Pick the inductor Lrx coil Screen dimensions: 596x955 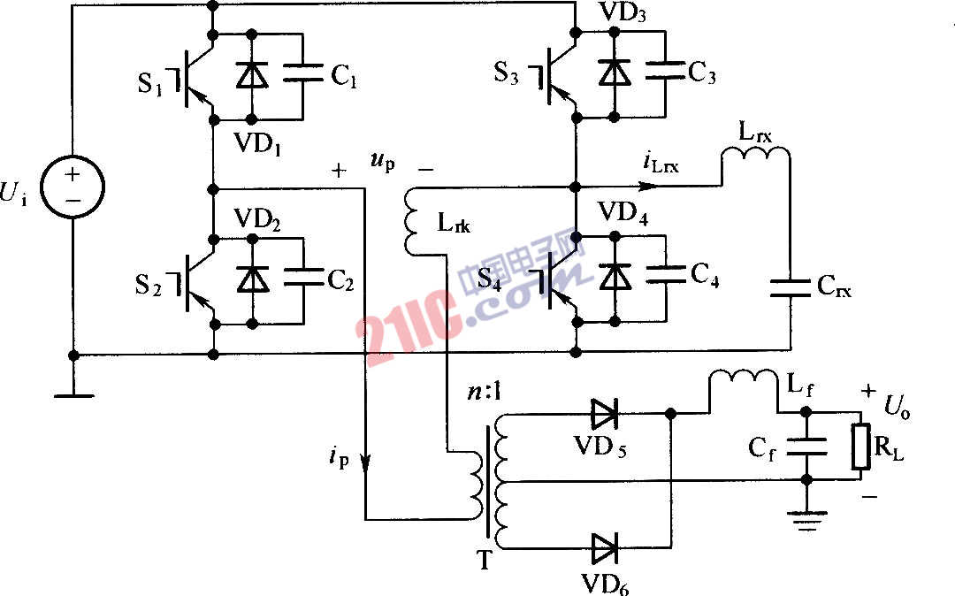click(755, 159)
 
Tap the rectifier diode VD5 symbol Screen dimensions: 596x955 click(605, 412)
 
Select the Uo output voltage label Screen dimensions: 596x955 click(897, 407)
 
